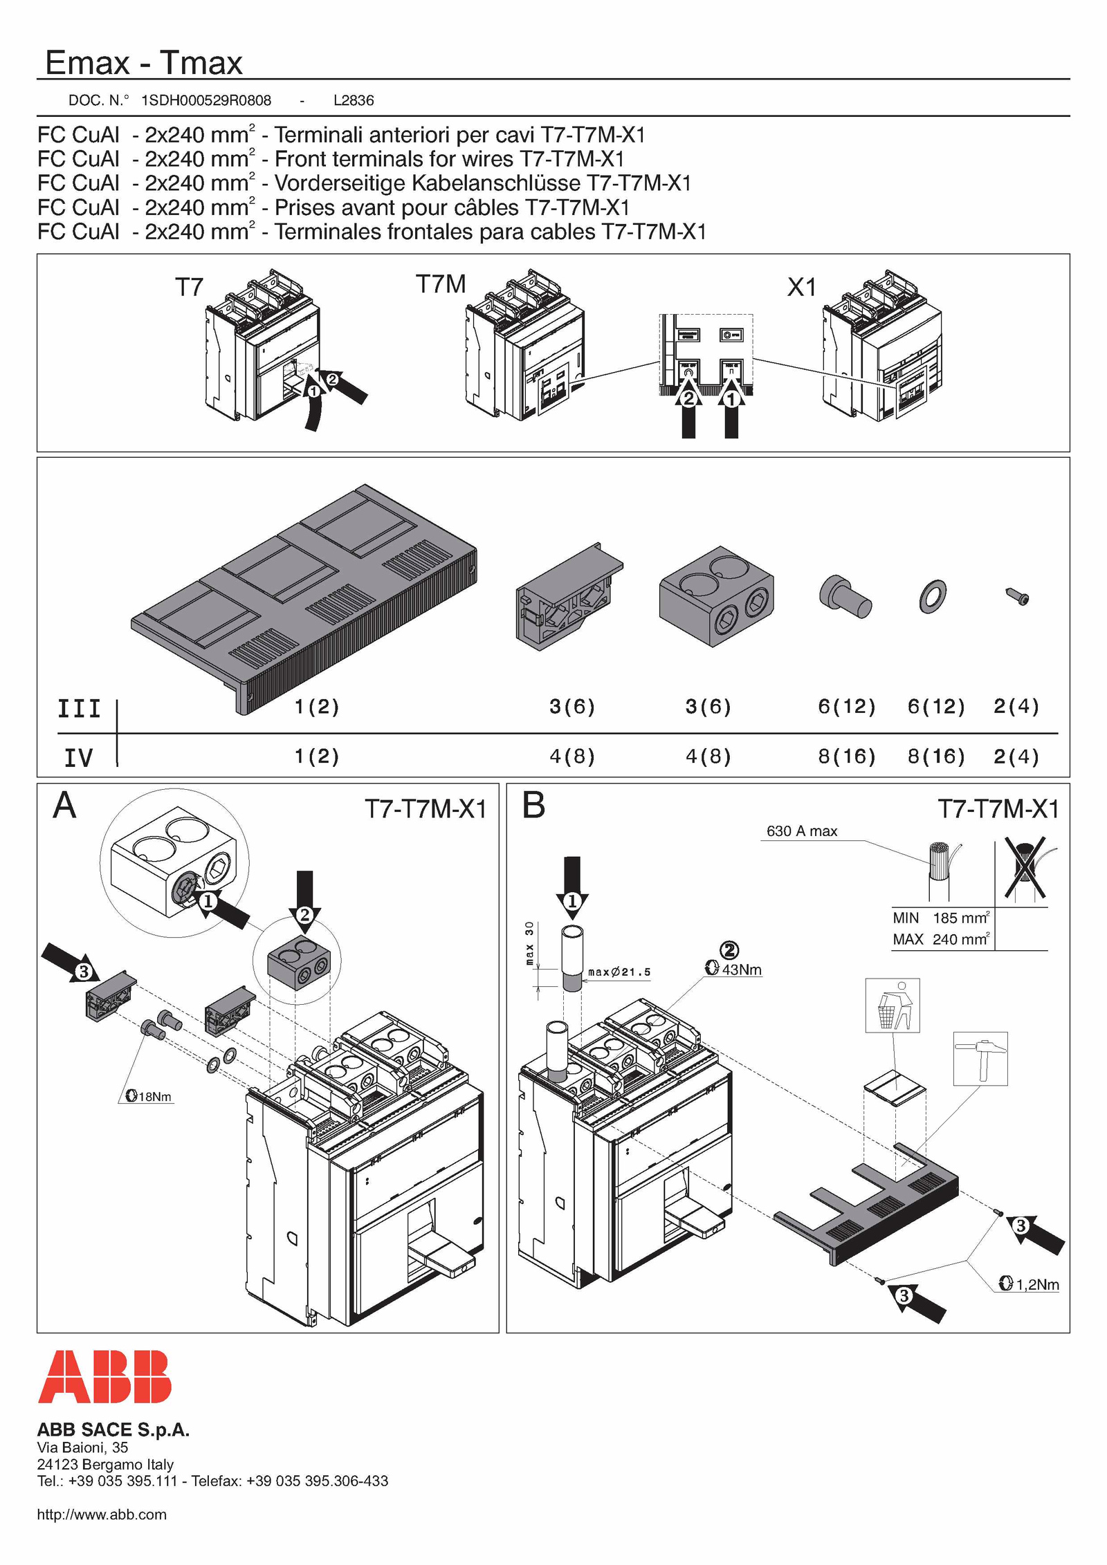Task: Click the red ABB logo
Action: click(x=104, y=1376)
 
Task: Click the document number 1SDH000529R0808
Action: click(x=206, y=100)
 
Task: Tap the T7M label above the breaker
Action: click(x=441, y=284)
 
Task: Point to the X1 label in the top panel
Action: click(x=802, y=287)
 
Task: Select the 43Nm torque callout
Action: click(x=734, y=970)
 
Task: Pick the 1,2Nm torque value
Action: click(x=1030, y=1284)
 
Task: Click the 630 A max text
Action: click(x=802, y=831)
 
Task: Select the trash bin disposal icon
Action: click(x=893, y=1006)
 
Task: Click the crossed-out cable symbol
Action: click(x=1025, y=868)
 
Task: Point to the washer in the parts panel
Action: click(x=933, y=596)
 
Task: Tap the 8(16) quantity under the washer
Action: click(x=936, y=756)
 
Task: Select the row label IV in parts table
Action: click(x=78, y=758)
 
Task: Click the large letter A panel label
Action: click(x=64, y=806)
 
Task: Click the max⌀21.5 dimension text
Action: click(x=619, y=972)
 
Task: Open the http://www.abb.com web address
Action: click(x=102, y=1515)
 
